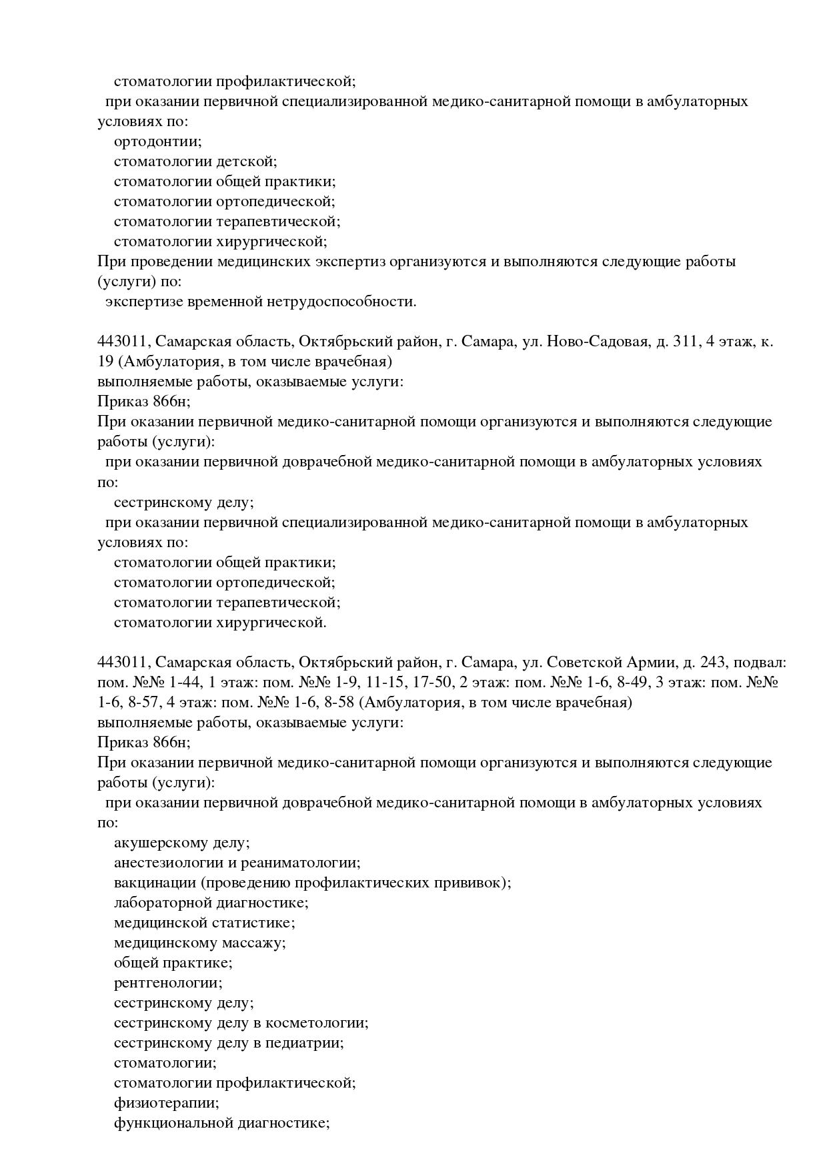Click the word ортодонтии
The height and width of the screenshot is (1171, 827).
coord(157,141)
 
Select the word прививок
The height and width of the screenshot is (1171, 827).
coord(474,883)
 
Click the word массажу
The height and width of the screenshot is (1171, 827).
coord(253,943)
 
